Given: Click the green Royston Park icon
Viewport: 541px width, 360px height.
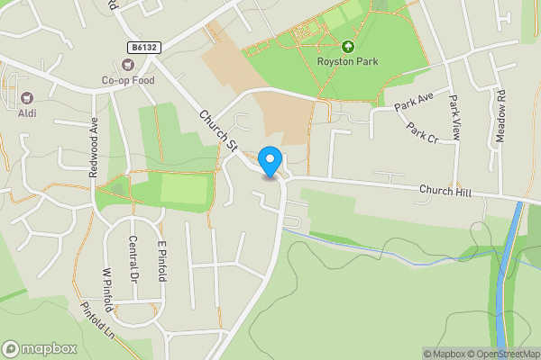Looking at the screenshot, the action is pyautogui.click(x=347, y=46).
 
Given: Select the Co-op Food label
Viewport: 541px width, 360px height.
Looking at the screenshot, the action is pyautogui.click(x=128, y=80).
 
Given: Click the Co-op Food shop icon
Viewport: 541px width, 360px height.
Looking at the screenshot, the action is pyautogui.click(x=128, y=65).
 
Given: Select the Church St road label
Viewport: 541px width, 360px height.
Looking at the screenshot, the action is pyautogui.click(x=217, y=130).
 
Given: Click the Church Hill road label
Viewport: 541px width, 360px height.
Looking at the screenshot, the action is pyautogui.click(x=445, y=191).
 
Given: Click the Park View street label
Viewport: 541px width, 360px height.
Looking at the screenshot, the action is pyautogui.click(x=454, y=116).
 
